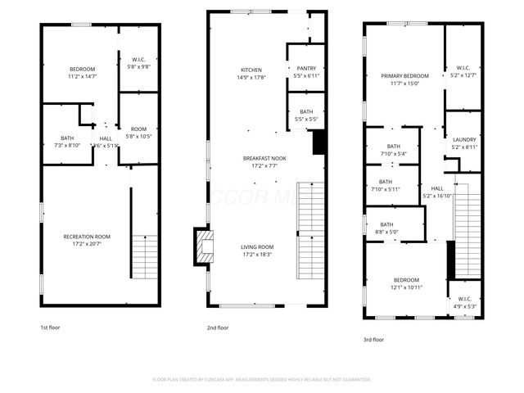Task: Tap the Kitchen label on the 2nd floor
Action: click(251, 70)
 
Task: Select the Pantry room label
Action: click(305, 69)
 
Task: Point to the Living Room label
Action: click(257, 246)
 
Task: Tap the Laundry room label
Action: click(464, 139)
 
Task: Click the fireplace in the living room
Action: click(202, 246)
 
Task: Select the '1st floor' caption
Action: click(50, 327)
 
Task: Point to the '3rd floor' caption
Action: click(374, 338)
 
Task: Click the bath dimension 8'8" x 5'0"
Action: click(386, 232)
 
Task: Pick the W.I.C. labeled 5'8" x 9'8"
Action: click(138, 63)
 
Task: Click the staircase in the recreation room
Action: click(144, 256)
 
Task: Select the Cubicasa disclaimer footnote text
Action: click(262, 380)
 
